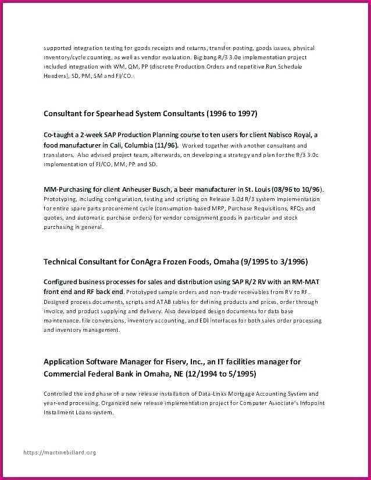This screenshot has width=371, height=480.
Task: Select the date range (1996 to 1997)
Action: coord(229,113)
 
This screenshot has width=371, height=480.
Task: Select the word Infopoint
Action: coord(313,403)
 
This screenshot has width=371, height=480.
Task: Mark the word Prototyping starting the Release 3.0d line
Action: coord(60,199)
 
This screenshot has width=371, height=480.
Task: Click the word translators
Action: coord(58,155)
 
